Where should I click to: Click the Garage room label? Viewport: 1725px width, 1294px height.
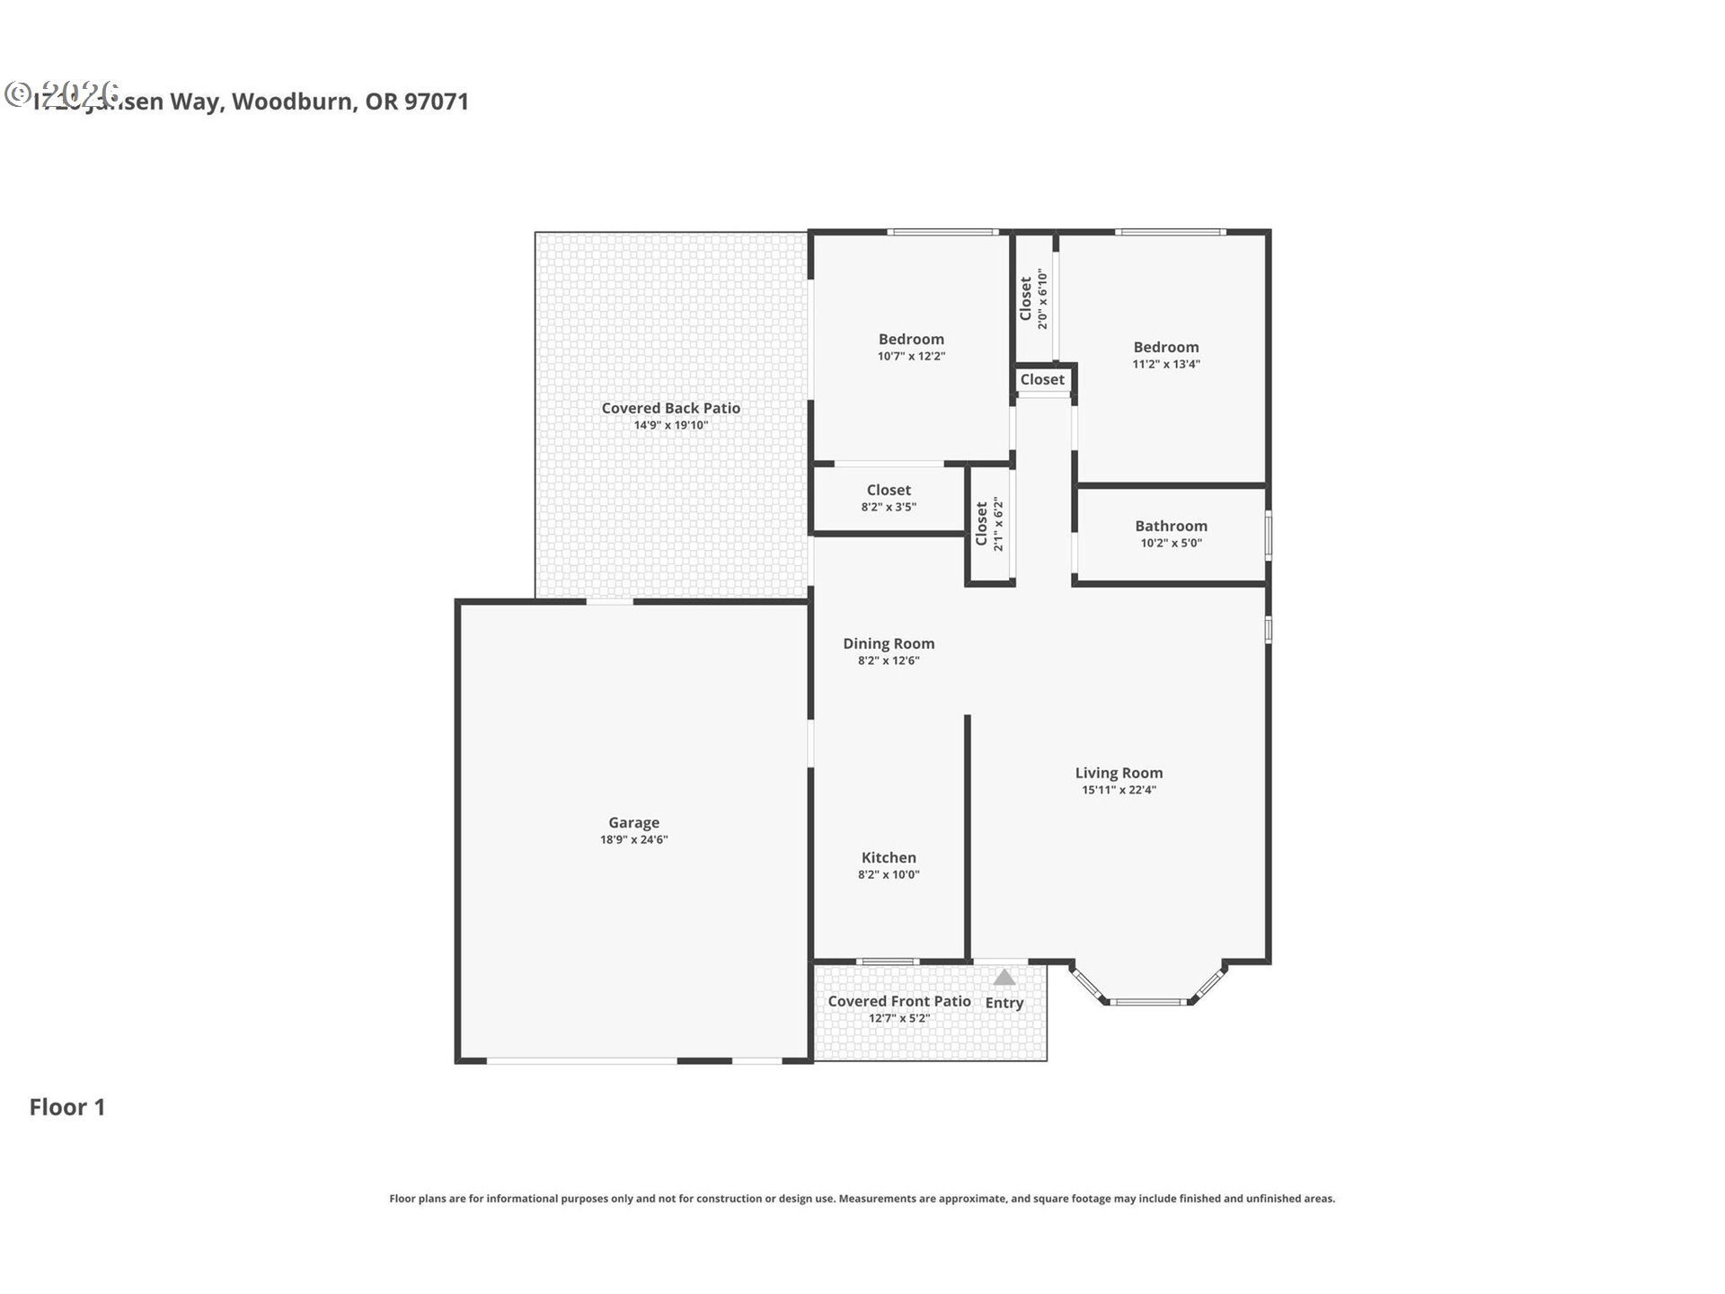[633, 822]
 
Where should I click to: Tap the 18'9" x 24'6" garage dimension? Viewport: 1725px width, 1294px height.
[633, 840]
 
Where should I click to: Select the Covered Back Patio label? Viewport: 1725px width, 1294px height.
[671, 408]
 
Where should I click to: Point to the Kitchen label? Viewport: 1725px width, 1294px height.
[889, 857]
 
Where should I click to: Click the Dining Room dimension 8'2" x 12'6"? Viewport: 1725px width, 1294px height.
[889, 661]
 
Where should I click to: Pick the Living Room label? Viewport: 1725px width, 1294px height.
[1119, 773]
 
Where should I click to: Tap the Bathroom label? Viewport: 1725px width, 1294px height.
[1171, 526]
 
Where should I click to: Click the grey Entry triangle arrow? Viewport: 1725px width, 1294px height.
[1004, 978]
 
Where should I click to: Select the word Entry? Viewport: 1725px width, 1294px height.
[1004, 1003]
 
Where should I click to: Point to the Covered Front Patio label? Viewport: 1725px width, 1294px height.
[898, 1001]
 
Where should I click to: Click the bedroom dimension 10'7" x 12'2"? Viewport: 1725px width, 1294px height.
[911, 357]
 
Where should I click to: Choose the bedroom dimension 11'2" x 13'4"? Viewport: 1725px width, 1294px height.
[1166, 365]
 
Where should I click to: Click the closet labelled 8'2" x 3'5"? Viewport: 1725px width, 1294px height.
[889, 507]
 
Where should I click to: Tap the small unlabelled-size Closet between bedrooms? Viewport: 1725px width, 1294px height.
[1042, 380]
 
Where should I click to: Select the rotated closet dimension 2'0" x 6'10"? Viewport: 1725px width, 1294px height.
[1043, 299]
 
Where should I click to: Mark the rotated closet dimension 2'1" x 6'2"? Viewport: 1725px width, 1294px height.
[998, 524]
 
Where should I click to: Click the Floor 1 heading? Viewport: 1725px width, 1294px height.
[67, 1107]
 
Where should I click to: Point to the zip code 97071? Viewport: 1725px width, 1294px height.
[437, 102]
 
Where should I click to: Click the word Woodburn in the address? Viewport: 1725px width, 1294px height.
[292, 102]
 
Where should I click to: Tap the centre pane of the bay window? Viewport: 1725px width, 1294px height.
[1148, 1001]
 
